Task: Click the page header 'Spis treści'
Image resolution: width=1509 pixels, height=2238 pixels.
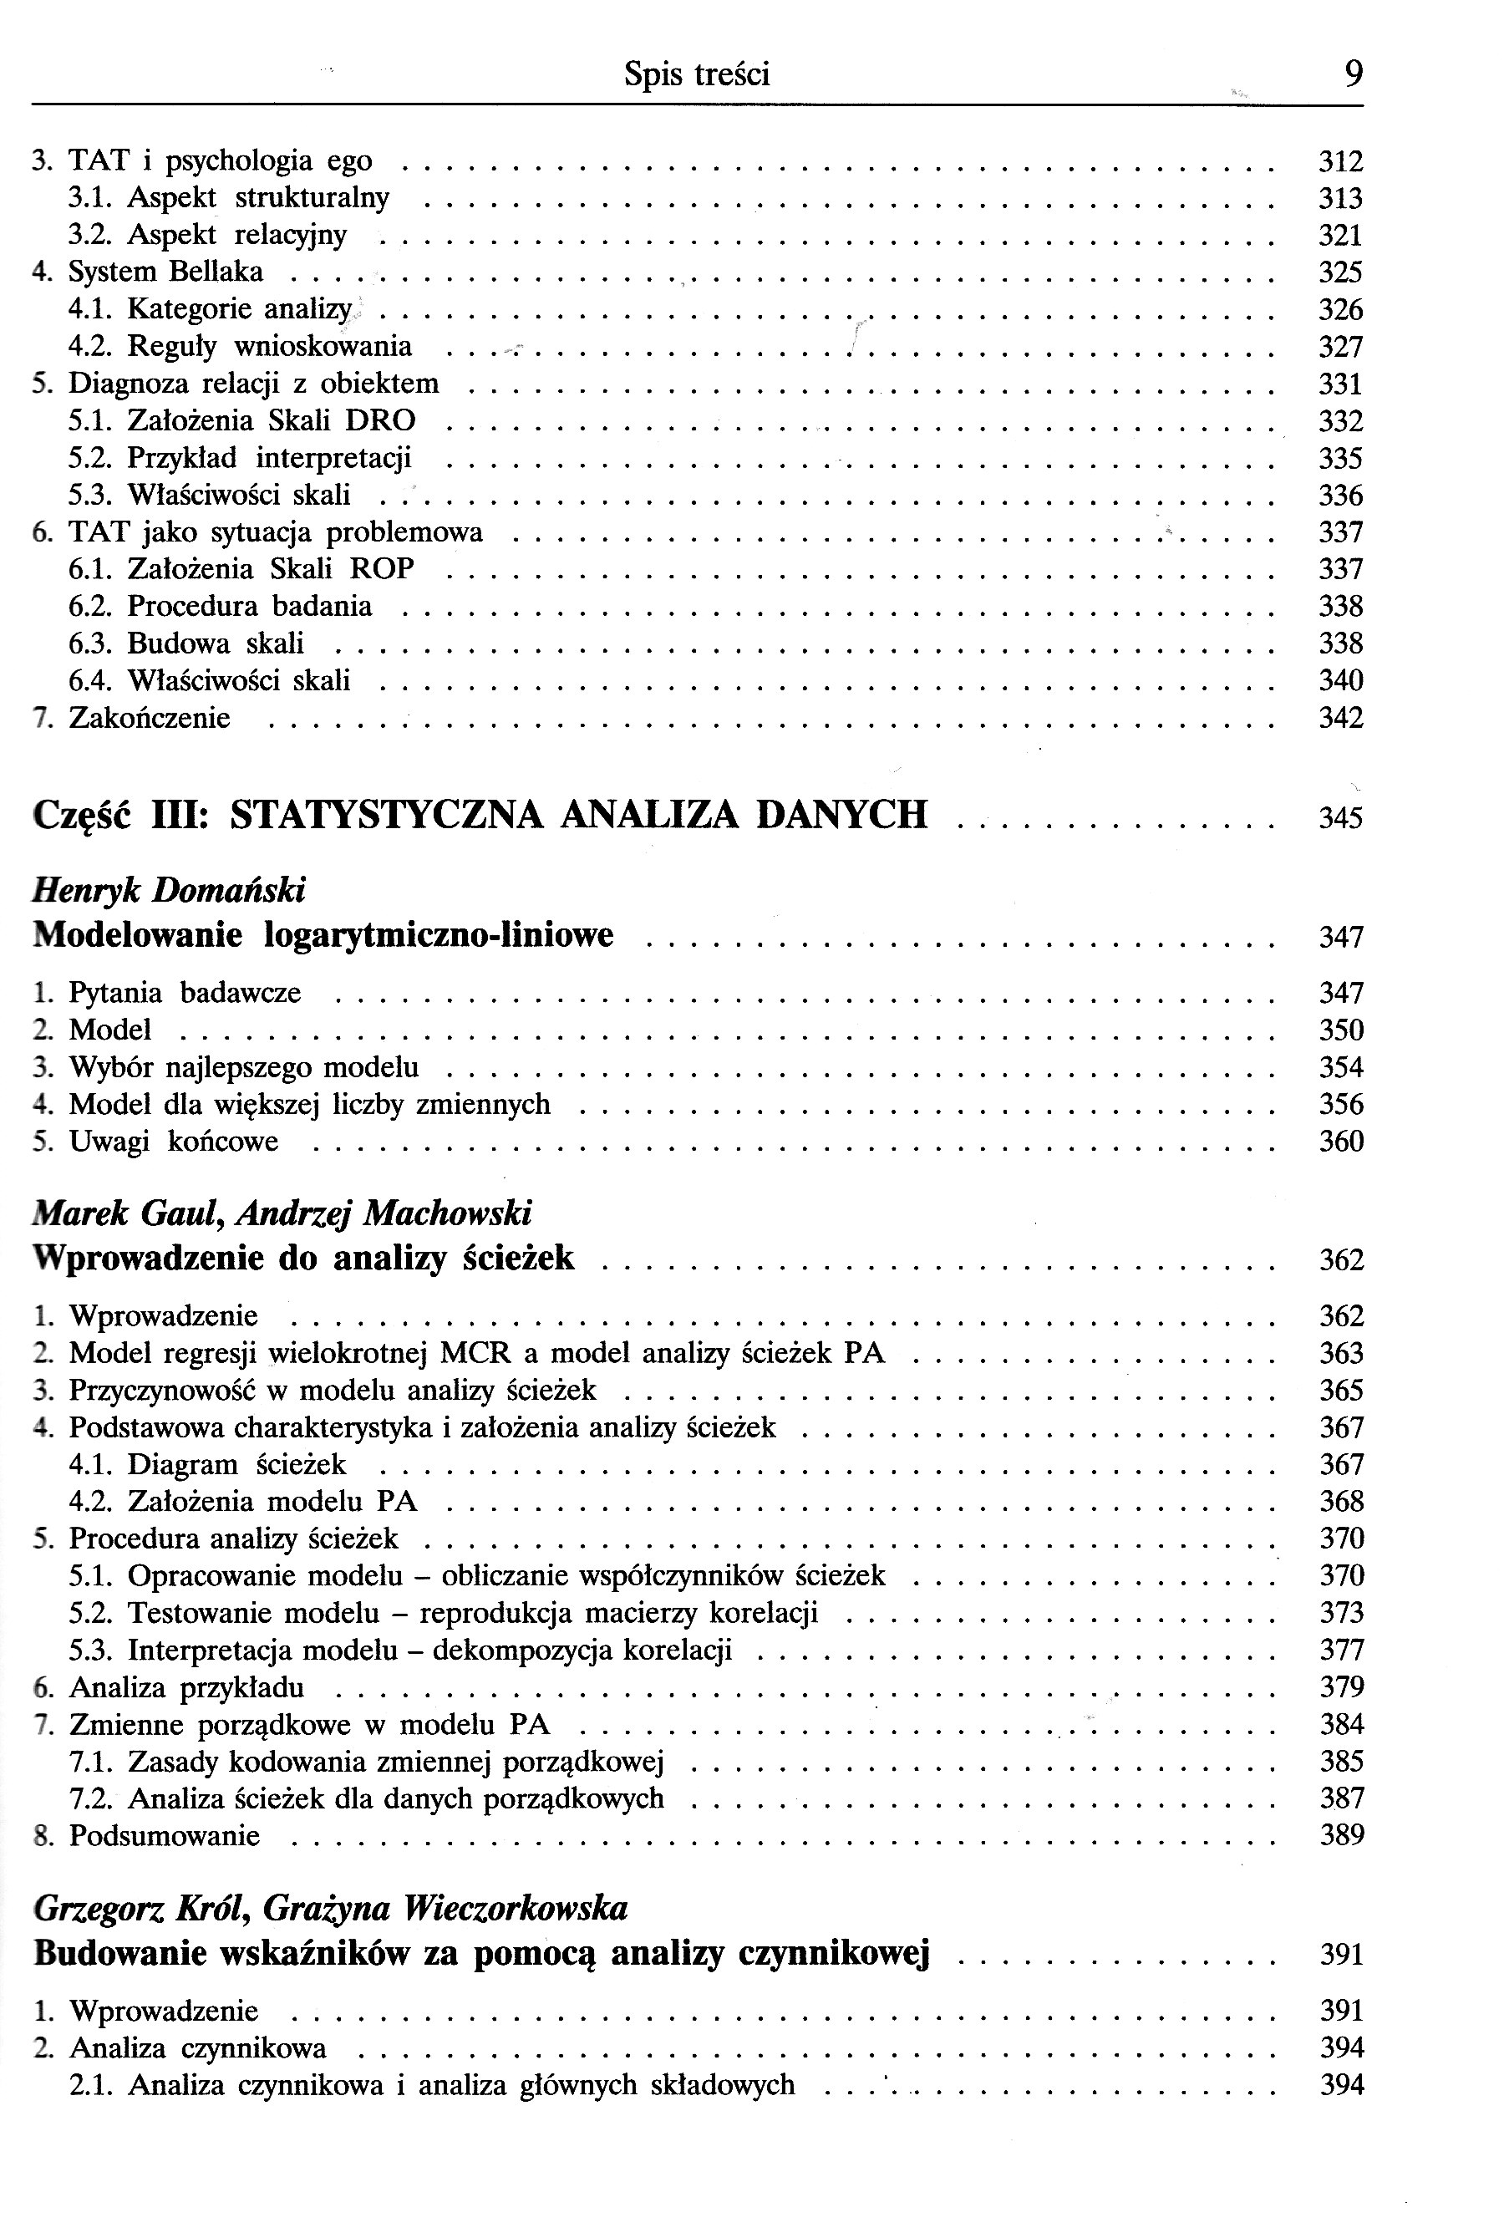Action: tap(696, 74)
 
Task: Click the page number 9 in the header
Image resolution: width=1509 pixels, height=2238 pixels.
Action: tap(1353, 74)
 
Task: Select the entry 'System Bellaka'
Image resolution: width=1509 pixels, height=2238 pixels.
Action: tap(165, 272)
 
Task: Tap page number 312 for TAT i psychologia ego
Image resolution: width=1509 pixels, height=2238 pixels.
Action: tap(1340, 162)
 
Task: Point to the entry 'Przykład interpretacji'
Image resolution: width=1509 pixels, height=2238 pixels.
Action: tap(268, 458)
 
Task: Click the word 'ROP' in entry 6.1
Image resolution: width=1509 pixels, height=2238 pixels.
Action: tap(381, 570)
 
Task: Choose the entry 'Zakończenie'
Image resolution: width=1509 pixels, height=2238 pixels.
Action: tap(150, 719)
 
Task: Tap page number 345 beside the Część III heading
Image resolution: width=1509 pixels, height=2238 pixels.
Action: tap(1340, 818)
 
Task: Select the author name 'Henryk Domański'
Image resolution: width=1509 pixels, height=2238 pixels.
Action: tap(169, 890)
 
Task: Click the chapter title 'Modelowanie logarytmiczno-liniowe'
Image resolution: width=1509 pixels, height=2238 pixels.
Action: tap(323, 934)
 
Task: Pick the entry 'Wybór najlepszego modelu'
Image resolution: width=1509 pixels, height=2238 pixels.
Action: tap(243, 1067)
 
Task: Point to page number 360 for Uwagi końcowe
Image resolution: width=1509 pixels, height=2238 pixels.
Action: tap(1340, 1142)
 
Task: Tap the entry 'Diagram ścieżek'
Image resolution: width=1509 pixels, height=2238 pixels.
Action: tap(236, 1465)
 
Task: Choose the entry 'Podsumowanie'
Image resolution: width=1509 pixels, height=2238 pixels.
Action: tap(164, 1836)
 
